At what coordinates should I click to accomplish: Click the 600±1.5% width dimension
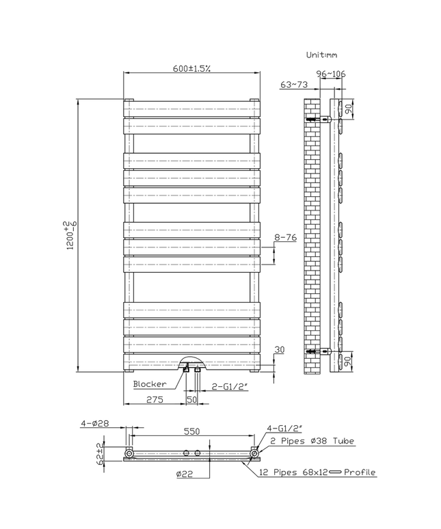click(x=191, y=68)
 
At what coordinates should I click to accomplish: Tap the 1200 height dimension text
click(x=68, y=236)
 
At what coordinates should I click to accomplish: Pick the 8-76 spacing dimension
click(x=286, y=236)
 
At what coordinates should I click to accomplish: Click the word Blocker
click(x=150, y=384)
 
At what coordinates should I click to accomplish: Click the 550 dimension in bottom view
click(x=192, y=432)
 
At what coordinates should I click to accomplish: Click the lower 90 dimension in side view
click(x=348, y=361)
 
